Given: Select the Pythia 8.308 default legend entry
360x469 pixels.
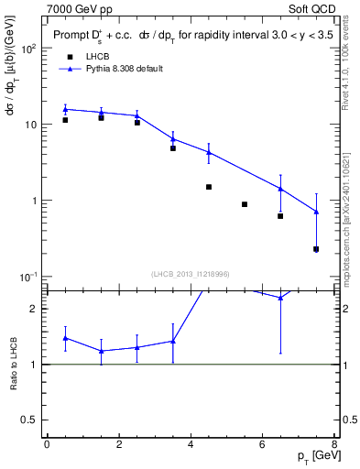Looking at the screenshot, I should click(120, 70).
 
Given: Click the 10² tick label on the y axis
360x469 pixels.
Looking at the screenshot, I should click(28, 49).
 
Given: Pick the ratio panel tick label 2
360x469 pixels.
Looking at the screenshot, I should click(34, 309).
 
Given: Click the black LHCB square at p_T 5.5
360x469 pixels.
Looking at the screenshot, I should click(245, 204).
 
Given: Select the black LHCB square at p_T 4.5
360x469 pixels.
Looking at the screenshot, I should click(209, 187).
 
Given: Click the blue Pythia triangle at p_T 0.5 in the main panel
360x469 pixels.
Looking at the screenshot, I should click(65, 109).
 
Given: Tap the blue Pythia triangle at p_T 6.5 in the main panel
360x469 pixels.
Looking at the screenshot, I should click(280, 189).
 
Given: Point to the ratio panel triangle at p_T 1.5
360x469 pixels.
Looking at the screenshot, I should click(101, 351).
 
